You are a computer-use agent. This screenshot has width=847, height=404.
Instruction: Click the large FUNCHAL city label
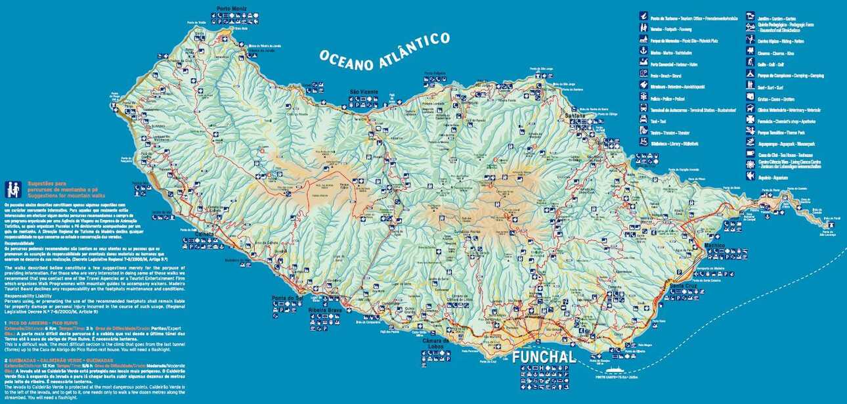tap(544, 357)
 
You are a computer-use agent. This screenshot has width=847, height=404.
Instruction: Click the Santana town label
tap(576, 116)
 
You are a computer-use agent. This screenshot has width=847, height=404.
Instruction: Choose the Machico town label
tap(712, 245)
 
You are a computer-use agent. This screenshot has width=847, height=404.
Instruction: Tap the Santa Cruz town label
tap(684, 286)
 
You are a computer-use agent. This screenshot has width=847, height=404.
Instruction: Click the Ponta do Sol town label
tap(287, 298)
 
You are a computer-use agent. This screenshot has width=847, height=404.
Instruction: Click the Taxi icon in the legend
tap(644, 120)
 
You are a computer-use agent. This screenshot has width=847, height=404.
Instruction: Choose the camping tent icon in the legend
tap(751, 75)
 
